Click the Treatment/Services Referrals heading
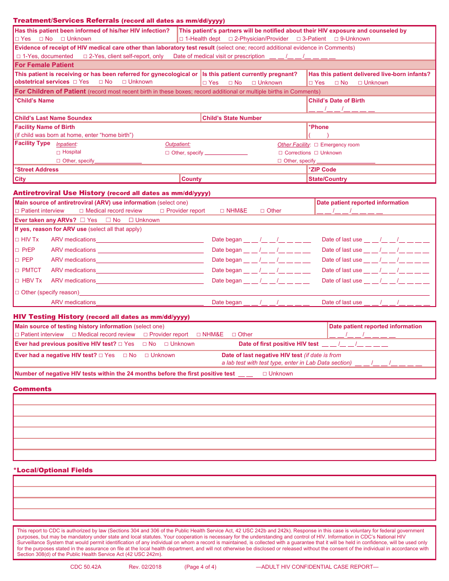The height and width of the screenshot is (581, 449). tap(66, 20)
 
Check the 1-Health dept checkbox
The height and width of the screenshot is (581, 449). tap(181, 39)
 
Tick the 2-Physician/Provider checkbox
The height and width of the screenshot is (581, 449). tap(231, 39)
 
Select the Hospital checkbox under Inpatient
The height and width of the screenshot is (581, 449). tap(59, 153)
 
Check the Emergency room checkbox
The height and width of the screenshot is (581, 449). tap(316, 145)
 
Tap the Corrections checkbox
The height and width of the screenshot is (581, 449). tap(281, 153)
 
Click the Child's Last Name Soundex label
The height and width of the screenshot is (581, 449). tap(53, 118)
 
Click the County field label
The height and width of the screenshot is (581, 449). tap(191, 179)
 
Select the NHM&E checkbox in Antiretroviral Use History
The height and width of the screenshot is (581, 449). tap(222, 211)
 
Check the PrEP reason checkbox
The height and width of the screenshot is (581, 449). tap(17, 250)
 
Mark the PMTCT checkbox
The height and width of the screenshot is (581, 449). tap(17, 271)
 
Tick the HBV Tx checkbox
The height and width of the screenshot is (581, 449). tap(17, 281)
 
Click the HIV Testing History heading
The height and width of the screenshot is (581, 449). tap(49, 316)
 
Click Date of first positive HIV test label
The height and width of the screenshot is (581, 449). tap(278, 344)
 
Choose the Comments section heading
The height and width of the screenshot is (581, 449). tap(32, 389)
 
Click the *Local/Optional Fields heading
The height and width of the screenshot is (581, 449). tap(53, 470)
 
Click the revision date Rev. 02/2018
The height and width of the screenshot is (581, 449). tap(145, 567)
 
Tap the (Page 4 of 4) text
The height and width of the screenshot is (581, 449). tap(200, 567)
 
